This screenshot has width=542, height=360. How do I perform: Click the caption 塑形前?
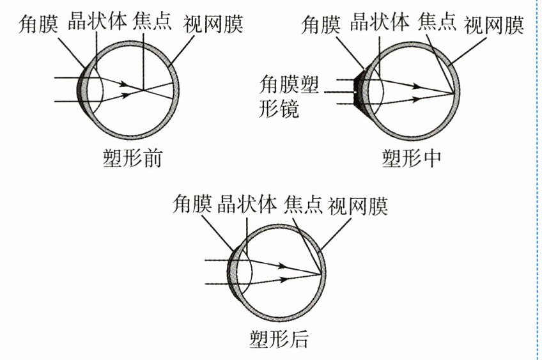[x=131, y=158]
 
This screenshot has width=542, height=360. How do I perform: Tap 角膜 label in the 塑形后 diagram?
[x=192, y=205]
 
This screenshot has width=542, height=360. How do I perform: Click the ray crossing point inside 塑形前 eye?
[x=143, y=90]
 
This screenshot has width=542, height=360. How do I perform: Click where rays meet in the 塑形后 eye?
[x=320, y=274]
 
